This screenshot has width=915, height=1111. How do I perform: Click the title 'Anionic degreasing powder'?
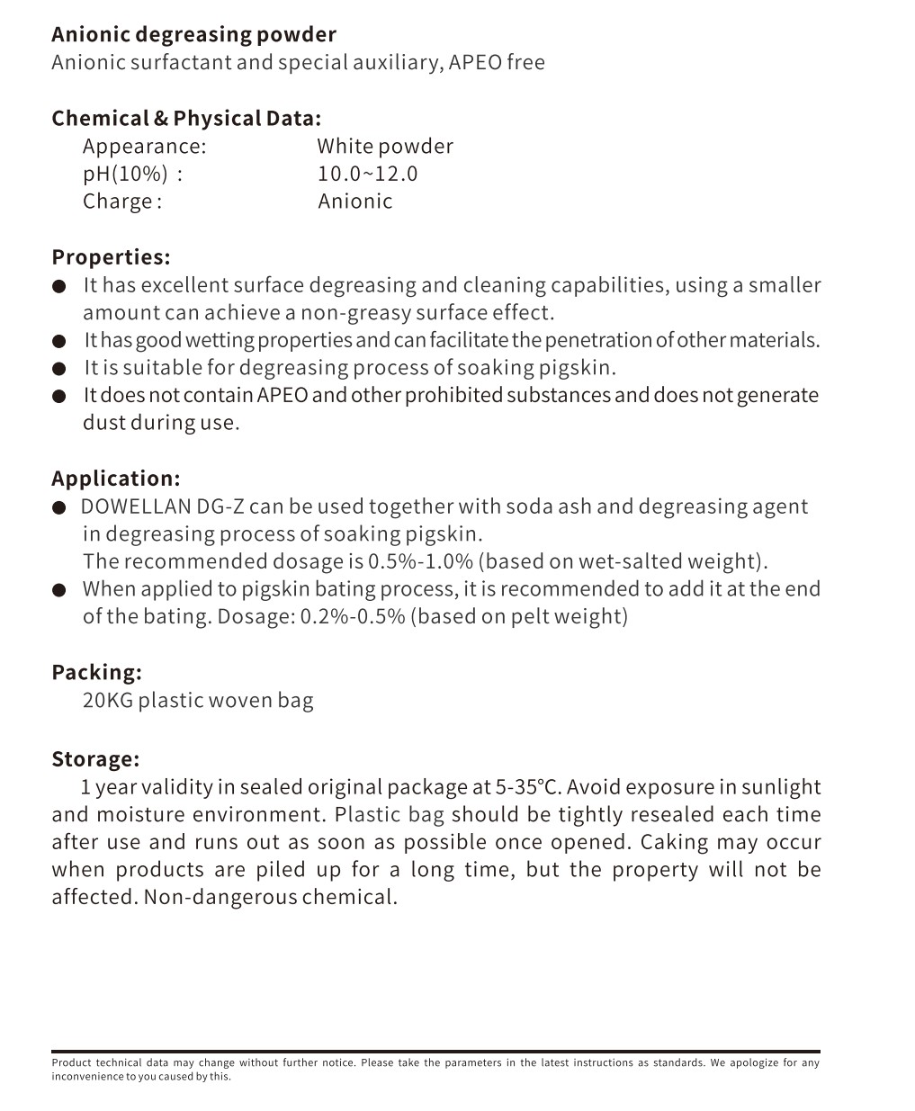coord(193,35)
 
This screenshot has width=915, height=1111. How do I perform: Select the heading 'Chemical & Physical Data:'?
coord(186,119)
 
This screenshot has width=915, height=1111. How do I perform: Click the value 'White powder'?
coord(385,147)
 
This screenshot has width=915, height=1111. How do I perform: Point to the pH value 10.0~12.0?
coord(367,174)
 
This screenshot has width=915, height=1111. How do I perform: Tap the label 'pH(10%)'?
coord(126,174)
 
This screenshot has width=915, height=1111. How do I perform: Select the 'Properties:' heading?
coord(111,257)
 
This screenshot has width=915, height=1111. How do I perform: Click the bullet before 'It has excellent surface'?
coord(59,287)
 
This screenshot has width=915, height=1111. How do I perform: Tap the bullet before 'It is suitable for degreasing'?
coord(59,369)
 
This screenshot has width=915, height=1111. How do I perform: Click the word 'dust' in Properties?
coord(103,423)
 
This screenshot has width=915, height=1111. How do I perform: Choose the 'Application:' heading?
coord(116,479)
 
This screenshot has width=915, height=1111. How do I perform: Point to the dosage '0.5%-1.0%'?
coord(420,562)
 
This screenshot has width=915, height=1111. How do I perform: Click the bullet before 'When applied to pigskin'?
coord(59,590)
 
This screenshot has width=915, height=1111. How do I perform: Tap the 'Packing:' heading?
coord(96,673)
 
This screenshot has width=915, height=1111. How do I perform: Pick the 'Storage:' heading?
coord(95,759)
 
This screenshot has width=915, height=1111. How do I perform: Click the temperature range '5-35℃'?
coord(528,787)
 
